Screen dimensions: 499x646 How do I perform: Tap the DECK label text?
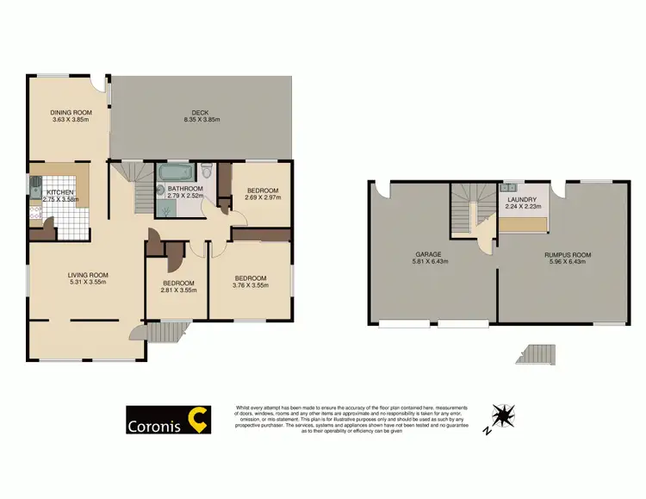pyautogui.click(x=201, y=112)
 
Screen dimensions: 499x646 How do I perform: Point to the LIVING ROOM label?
pyautogui.click(x=88, y=276)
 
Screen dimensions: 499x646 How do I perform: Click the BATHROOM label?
pyautogui.click(x=185, y=189)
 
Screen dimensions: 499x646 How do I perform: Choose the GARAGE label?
pyautogui.click(x=428, y=254)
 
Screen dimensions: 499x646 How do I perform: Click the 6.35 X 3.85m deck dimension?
pyautogui.click(x=202, y=120)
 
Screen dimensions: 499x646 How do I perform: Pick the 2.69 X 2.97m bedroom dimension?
pyautogui.click(x=263, y=198)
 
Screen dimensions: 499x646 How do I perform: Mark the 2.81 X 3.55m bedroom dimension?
pyautogui.click(x=178, y=290)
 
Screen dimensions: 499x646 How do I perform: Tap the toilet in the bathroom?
pyautogui.click(x=206, y=169)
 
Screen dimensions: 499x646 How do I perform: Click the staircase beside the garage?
pyautogui.click(x=472, y=207)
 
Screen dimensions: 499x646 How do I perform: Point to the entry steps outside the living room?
pyautogui.click(x=169, y=332)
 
